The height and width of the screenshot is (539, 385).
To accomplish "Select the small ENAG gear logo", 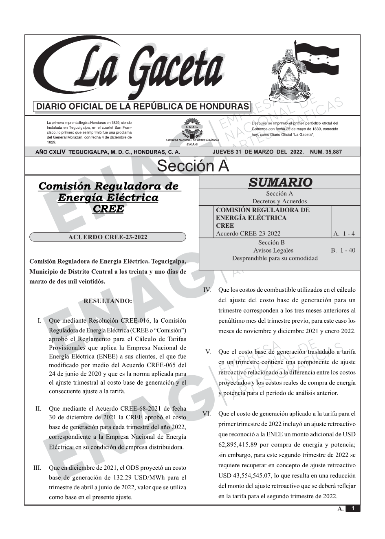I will [x=191, y=127].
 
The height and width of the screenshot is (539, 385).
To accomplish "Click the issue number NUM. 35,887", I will [x=326, y=152].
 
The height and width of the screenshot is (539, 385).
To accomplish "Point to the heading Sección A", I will [x=193, y=166].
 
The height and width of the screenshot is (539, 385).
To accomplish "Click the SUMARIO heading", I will [x=280, y=183].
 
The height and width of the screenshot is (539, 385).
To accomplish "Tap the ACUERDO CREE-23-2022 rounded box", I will [x=108, y=237].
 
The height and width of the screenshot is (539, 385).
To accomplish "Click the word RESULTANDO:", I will [x=108, y=301].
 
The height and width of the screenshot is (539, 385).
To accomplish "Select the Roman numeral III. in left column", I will [x=37, y=467].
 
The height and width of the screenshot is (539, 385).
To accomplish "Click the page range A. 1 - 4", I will [x=344, y=234].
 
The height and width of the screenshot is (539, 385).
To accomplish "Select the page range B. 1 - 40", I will [x=343, y=250].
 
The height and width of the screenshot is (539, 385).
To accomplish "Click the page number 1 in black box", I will [x=353, y=508].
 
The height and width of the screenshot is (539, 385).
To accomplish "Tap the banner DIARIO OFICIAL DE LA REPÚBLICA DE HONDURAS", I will [x=143, y=107].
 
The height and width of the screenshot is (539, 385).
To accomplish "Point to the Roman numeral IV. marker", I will [x=207, y=290].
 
